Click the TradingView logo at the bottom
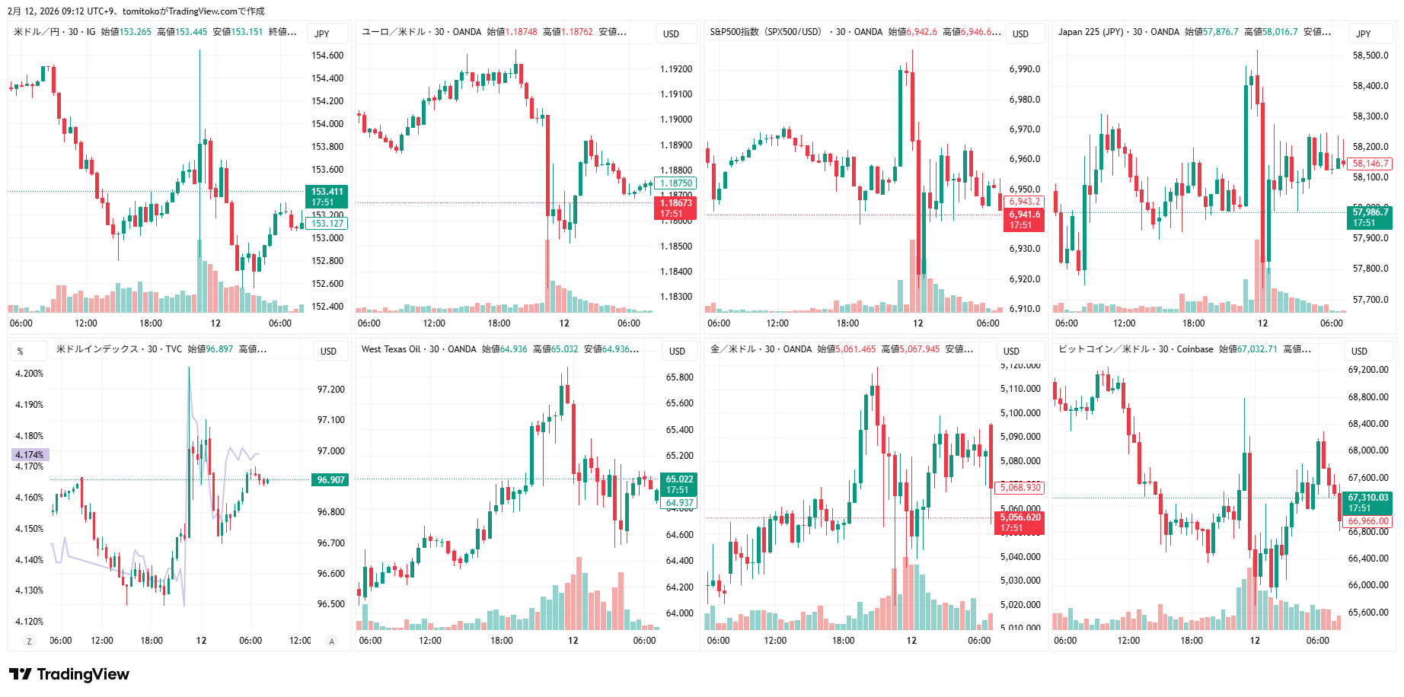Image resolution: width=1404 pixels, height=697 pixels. [x=69, y=674]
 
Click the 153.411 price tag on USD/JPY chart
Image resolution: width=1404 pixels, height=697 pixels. [x=327, y=196]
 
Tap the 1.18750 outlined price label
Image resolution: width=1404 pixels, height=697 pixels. [x=675, y=183]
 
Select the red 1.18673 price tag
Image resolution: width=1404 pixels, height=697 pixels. [x=675, y=208]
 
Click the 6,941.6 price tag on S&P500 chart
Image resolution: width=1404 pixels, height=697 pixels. [x=1024, y=220]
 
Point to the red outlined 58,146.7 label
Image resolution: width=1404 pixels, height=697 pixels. [x=1370, y=164]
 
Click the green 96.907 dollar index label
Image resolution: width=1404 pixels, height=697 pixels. [x=331, y=480]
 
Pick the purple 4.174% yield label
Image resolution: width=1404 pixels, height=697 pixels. [x=30, y=455]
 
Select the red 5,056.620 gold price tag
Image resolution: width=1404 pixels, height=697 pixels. [x=1019, y=523]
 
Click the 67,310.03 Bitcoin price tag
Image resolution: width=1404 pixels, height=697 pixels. [x=1367, y=503]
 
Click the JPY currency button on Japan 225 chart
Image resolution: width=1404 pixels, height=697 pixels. [x=1363, y=33]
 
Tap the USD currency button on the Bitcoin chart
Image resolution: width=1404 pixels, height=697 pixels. [x=1359, y=351]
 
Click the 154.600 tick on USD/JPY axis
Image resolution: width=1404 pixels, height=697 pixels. [x=327, y=56]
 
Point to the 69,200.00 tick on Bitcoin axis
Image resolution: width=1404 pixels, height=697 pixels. [x=1368, y=370]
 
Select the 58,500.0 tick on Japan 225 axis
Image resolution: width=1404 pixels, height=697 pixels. [x=1370, y=56]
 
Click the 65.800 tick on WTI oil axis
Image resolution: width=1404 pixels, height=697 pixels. [x=679, y=377]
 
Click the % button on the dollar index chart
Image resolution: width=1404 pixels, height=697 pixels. [x=21, y=351]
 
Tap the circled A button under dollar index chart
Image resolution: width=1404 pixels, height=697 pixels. [x=331, y=641]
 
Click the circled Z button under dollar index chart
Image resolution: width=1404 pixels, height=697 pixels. [x=30, y=641]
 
